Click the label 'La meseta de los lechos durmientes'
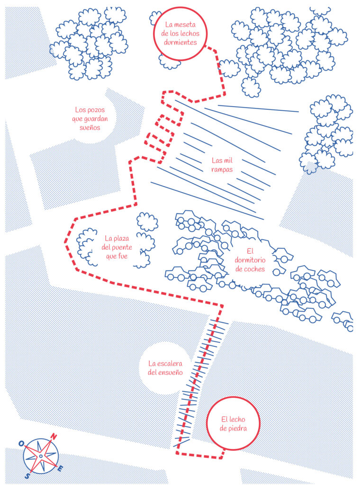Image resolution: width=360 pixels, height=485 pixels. click(x=180, y=34)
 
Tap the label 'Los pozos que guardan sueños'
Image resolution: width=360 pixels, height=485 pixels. click(x=90, y=119)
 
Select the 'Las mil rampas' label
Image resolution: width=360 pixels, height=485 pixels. click(x=222, y=165)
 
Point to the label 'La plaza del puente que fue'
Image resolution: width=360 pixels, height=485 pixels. click(x=117, y=247)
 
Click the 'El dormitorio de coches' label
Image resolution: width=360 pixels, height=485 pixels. click(x=250, y=260)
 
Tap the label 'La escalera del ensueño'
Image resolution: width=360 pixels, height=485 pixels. click(x=165, y=368)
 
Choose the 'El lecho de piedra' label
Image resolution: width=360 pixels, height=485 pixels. click(x=233, y=424)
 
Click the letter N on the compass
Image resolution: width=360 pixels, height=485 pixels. click(x=54, y=436)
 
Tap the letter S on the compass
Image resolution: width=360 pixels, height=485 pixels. click(x=28, y=476)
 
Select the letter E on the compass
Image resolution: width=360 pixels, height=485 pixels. click(x=61, y=468)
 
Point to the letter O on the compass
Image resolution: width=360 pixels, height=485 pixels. click(x=21, y=443)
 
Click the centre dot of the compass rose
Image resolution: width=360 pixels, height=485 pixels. click(x=41, y=456)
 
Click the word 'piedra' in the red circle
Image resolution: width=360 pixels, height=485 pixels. click(x=237, y=428)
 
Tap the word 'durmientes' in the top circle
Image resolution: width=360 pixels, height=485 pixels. click(x=180, y=42)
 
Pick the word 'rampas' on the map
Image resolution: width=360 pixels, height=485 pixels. click(x=222, y=170)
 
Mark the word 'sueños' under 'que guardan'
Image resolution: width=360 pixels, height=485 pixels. click(x=90, y=127)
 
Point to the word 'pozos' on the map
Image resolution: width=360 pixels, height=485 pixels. click(x=94, y=110)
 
